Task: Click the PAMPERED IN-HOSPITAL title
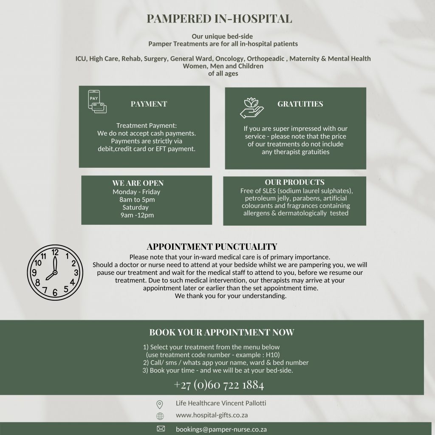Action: tap(219, 19)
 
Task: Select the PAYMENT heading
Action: tap(149, 104)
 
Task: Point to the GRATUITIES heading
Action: tap(300, 104)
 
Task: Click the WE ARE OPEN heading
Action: tap(138, 184)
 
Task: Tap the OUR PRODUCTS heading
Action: tap(294, 182)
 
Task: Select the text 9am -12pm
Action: tap(137, 215)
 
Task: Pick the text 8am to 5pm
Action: tap(137, 200)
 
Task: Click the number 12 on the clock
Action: tap(55, 252)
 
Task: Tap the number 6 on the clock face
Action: tap(55, 292)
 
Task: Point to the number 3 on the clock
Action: tap(76, 273)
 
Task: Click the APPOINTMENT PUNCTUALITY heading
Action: tap(212, 247)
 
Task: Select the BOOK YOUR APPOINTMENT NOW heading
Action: tap(221, 333)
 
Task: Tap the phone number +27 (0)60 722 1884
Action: tap(219, 385)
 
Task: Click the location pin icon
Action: tap(160, 404)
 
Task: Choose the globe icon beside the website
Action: tap(160, 416)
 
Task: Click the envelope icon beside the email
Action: tap(161, 429)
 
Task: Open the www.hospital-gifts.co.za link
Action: tap(212, 415)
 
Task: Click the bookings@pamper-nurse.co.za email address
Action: tap(221, 429)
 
